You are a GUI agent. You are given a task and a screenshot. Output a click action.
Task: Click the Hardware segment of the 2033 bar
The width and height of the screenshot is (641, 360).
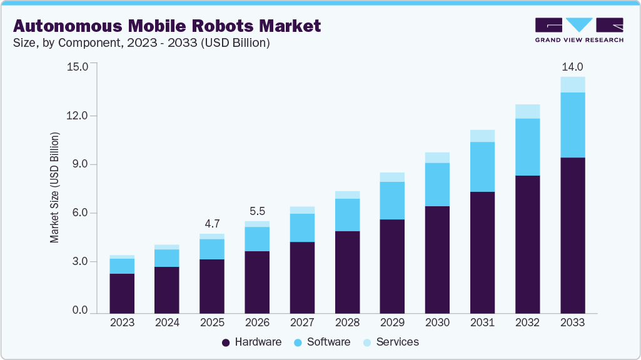pyautogui.click(x=572, y=234)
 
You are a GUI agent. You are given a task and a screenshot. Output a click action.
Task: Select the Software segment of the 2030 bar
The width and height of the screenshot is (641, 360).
pyautogui.click(x=437, y=184)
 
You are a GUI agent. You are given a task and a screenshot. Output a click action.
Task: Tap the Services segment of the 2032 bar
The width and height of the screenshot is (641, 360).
pyautogui.click(x=527, y=111)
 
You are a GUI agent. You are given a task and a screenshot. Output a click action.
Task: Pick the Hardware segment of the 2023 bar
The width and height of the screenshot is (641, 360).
pyautogui.click(x=122, y=292)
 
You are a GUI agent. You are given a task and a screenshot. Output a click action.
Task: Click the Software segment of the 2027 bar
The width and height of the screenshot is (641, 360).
pyautogui.click(x=302, y=227)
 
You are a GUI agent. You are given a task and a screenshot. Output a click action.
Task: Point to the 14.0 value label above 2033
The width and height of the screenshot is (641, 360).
pyautogui.click(x=572, y=67)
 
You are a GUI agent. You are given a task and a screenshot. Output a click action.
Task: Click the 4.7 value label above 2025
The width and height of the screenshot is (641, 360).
pyautogui.click(x=212, y=224)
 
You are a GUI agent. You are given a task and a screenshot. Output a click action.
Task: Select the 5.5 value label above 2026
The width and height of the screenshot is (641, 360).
pyautogui.click(x=257, y=211)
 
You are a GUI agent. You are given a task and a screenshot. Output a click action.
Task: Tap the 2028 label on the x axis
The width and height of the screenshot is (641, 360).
pyautogui.click(x=347, y=322)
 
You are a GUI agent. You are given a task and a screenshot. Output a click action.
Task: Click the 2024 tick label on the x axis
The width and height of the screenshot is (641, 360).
pyautogui.click(x=167, y=322)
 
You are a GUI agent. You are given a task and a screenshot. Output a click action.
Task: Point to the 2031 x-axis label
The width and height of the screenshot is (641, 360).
pyautogui.click(x=482, y=322)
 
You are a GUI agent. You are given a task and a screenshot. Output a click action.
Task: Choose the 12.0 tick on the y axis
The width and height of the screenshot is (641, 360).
pyautogui.click(x=78, y=116)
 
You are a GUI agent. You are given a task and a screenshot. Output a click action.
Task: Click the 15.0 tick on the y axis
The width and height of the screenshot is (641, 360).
pyautogui.click(x=78, y=67)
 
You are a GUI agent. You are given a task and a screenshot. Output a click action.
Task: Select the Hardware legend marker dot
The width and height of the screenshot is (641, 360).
pyautogui.click(x=226, y=342)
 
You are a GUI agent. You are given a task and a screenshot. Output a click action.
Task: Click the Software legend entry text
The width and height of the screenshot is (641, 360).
pyautogui.click(x=328, y=342)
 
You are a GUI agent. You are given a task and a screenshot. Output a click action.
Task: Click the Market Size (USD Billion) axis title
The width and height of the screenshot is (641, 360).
pyautogui.click(x=54, y=187)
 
